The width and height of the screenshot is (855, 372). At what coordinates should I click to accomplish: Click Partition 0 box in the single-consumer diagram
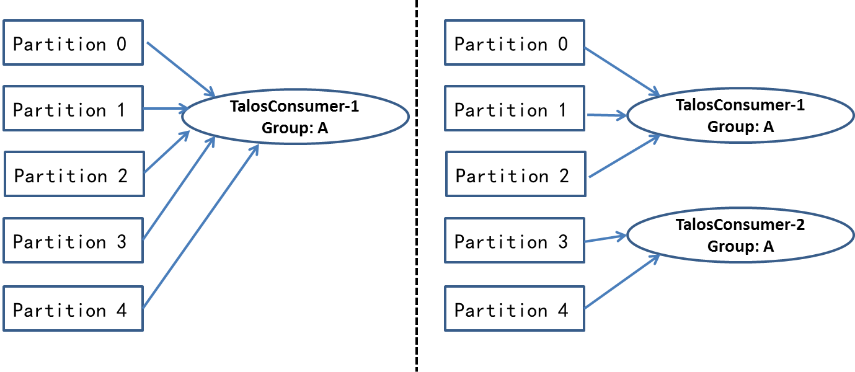(x=73, y=42)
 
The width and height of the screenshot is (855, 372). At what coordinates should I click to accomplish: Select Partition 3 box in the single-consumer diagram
(x=73, y=240)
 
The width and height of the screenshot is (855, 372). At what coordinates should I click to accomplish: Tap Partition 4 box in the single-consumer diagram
(x=73, y=308)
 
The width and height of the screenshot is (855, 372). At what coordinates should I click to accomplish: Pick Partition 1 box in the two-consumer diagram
(x=515, y=108)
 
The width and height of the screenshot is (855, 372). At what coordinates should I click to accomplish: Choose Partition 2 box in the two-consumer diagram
(x=515, y=174)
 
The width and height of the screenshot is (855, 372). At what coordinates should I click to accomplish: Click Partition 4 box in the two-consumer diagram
(x=515, y=308)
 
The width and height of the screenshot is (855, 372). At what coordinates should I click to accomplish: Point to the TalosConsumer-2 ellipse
(x=740, y=236)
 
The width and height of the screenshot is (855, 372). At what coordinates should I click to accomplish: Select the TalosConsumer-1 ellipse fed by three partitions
(x=740, y=116)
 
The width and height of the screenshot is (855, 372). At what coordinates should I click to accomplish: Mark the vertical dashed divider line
(x=416, y=186)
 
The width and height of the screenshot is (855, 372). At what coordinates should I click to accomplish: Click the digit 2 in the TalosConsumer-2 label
(x=800, y=224)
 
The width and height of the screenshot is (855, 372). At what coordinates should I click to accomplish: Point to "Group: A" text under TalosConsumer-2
(x=740, y=246)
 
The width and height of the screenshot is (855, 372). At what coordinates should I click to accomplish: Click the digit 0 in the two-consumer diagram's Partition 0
(x=562, y=44)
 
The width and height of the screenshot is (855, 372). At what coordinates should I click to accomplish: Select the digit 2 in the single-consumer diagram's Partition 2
(x=122, y=175)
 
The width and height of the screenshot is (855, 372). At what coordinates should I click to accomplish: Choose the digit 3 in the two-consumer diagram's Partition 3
(x=562, y=241)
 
